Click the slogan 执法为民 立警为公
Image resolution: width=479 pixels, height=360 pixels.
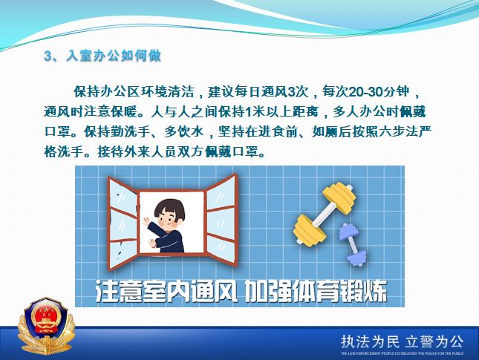[401, 341]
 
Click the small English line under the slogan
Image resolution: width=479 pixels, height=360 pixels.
[401, 354]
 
